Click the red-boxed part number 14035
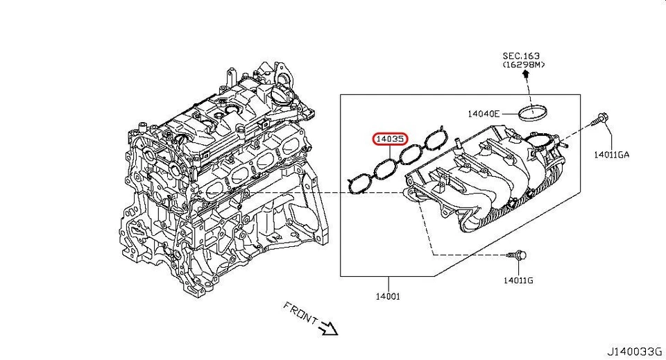click(390, 139)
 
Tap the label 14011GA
click(611, 154)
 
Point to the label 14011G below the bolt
click(518, 280)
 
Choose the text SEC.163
click(521, 55)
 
